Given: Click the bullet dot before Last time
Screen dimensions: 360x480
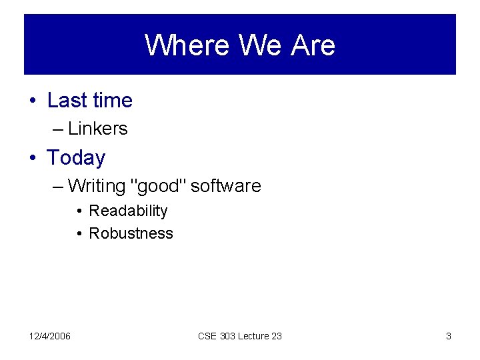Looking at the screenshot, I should pos(32,101).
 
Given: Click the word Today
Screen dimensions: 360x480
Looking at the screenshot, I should pos(76,158).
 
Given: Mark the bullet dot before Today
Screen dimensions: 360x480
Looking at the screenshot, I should pos(32,159).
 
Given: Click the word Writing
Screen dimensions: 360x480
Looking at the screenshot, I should pos(97,186).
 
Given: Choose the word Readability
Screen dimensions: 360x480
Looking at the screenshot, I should pos(128,211).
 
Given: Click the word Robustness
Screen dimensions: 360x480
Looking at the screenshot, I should pos(131,233).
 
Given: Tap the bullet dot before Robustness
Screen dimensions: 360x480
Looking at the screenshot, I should pos(79,234).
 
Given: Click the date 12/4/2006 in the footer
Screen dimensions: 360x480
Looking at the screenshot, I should pos(50,336).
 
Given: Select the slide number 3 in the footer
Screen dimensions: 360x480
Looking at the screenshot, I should pos(448,336).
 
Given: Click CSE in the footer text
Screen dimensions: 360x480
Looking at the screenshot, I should pos(207,336).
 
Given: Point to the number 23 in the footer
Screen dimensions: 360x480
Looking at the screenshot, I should pos(275,336).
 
